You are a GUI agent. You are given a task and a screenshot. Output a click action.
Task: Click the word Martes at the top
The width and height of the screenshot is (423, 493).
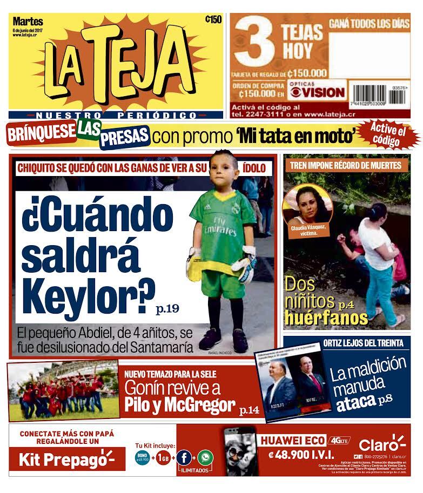[27, 21]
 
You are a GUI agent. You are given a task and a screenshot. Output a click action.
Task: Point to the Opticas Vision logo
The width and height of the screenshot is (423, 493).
[315, 91]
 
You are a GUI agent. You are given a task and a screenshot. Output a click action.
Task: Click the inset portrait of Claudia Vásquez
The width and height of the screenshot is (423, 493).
[307, 205]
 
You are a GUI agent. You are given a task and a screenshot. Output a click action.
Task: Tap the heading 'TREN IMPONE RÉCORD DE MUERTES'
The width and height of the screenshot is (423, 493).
[346, 165]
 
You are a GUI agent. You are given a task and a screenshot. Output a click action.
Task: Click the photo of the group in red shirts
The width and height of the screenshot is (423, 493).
[62, 391]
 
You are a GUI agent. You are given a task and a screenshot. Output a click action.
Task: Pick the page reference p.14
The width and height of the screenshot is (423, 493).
[250, 410]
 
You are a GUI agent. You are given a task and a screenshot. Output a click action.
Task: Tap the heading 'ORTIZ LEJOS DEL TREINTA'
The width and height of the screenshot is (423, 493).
[363, 343]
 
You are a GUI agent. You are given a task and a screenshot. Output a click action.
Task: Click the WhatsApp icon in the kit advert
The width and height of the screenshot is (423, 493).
[205, 458]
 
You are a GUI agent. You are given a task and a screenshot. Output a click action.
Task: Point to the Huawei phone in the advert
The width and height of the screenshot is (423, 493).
[239, 451]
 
